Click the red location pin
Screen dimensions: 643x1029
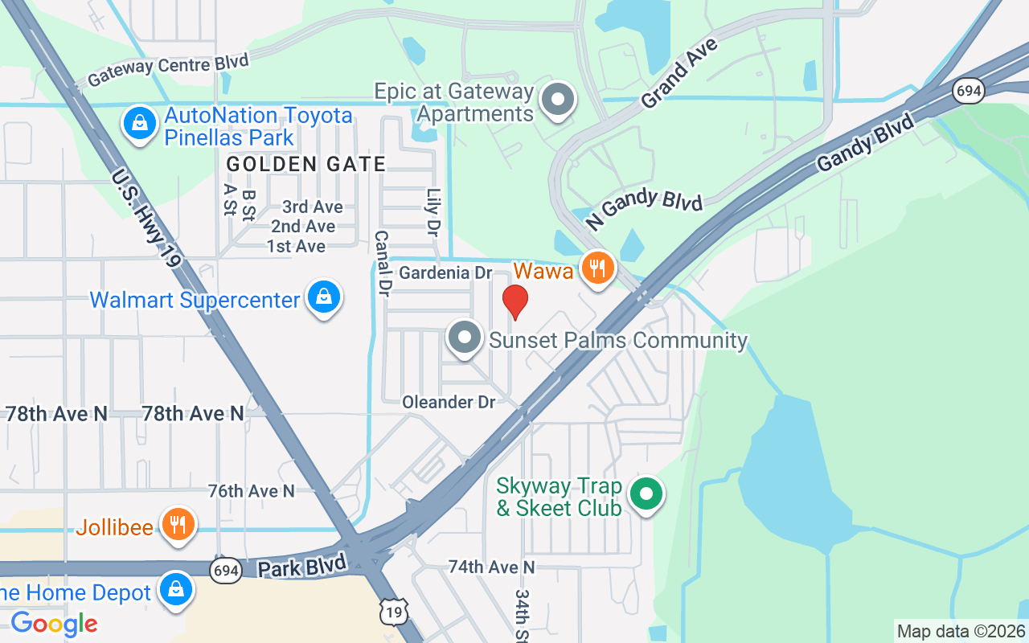click(515, 301)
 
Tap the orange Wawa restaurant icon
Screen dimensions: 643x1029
click(597, 268)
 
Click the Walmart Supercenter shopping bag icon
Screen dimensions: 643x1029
click(324, 297)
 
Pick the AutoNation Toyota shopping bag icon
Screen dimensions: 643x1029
click(140, 124)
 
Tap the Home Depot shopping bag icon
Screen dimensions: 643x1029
click(175, 590)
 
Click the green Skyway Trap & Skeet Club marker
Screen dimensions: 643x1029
click(645, 494)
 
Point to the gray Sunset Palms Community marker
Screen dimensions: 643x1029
click(465, 338)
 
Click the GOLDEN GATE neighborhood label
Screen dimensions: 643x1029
click(306, 164)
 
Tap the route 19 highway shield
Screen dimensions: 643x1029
click(393, 612)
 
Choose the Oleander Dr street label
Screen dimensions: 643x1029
click(449, 402)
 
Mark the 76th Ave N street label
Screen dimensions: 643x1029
click(251, 490)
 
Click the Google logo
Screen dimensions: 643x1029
click(55, 623)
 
